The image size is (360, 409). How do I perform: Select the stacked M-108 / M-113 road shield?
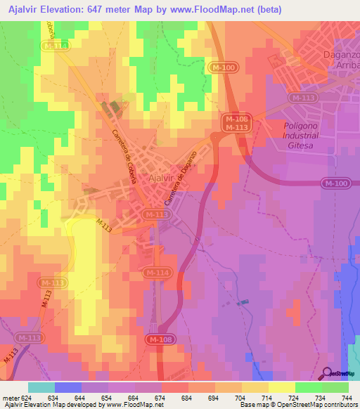coord(237,124)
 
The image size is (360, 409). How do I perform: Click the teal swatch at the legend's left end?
coord(41,387)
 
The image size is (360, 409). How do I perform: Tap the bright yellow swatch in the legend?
coord(281,387)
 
